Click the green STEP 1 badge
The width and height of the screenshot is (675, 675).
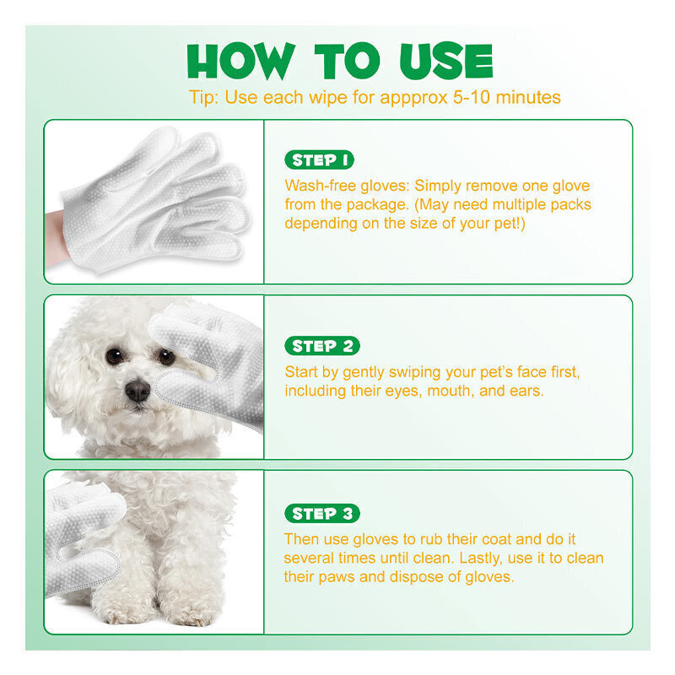click(319, 159)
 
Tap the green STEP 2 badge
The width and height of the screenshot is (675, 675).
click(322, 346)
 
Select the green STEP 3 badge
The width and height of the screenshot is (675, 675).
click(322, 513)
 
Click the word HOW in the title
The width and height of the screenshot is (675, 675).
click(241, 61)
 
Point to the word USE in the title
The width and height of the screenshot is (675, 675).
click(446, 61)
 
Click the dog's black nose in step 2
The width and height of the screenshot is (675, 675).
click(138, 390)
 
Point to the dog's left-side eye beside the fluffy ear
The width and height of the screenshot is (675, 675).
click(114, 356)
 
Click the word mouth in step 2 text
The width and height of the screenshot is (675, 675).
click(451, 391)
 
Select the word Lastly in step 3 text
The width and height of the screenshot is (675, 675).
click(480, 559)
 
